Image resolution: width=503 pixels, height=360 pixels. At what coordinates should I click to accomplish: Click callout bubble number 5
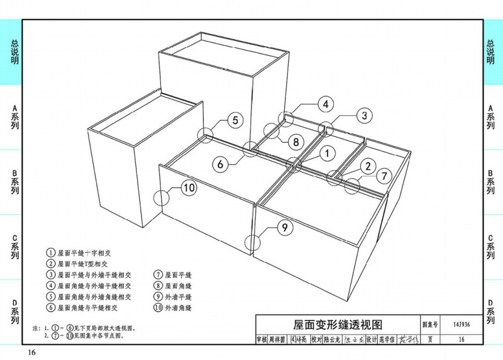233,120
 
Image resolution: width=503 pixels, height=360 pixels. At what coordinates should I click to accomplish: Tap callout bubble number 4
325,104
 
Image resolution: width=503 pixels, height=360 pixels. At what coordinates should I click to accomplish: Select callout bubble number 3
363,115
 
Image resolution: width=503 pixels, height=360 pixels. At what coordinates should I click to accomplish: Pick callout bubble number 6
221,164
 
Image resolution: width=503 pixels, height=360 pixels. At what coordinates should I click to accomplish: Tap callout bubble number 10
189,187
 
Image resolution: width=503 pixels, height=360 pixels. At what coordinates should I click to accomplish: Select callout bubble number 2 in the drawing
367,166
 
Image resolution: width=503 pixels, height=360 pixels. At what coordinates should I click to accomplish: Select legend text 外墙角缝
178,308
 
